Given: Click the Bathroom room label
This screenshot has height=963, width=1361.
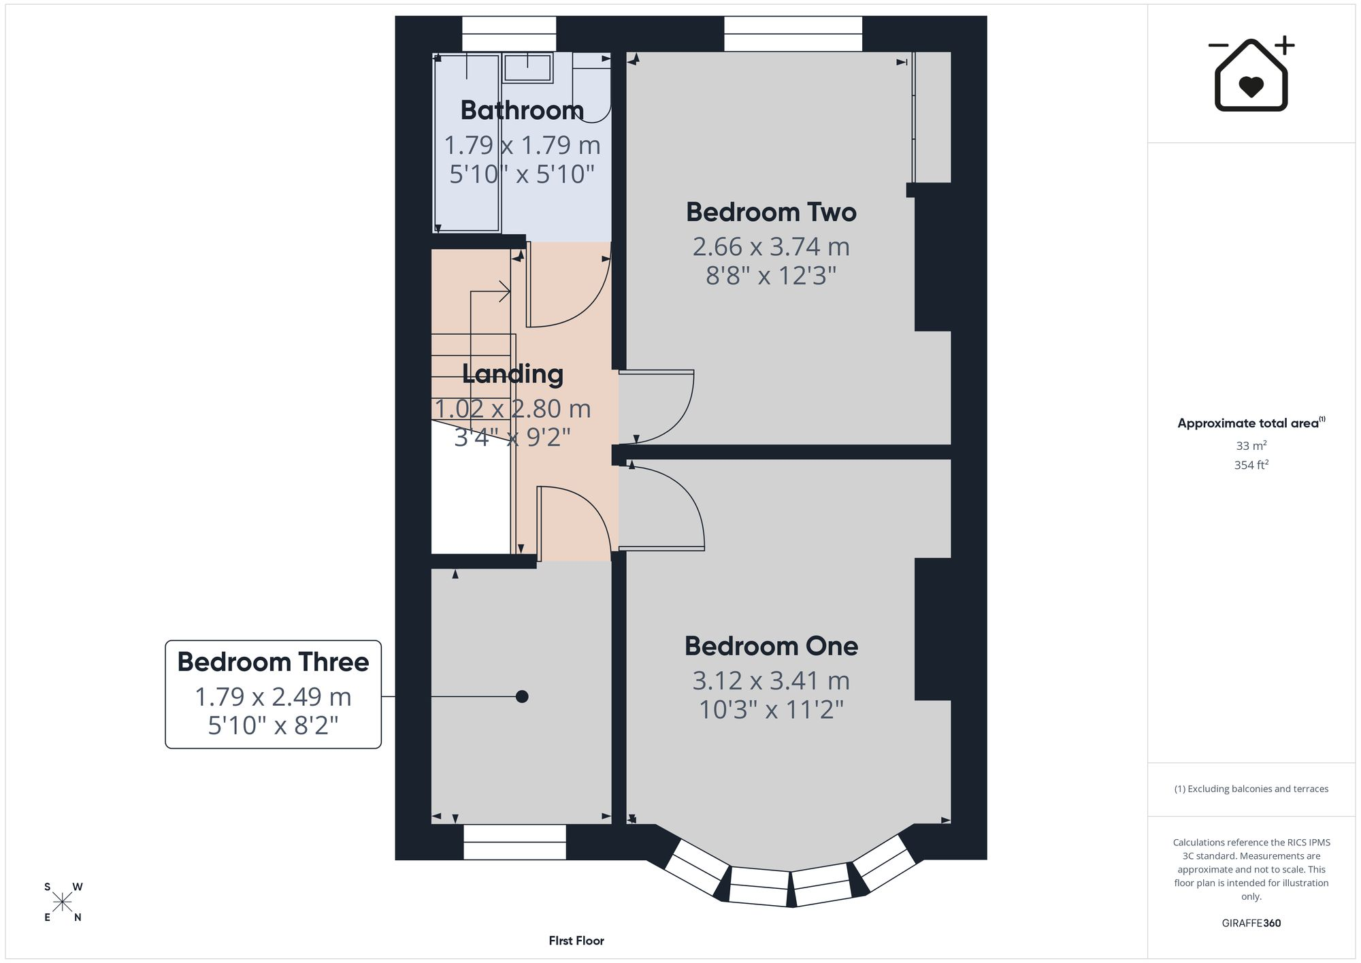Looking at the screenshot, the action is pyautogui.click(x=522, y=110).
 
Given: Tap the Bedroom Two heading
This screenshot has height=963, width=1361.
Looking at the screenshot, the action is pyautogui.click(x=771, y=212).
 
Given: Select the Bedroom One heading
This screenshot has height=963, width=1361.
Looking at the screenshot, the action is pyautogui.click(x=771, y=647).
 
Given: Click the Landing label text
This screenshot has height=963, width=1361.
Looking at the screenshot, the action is pyautogui.click(x=512, y=374).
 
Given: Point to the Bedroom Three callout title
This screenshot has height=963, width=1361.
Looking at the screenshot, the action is pyautogui.click(x=273, y=662).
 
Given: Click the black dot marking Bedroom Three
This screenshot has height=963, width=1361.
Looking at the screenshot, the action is pyautogui.click(x=522, y=697).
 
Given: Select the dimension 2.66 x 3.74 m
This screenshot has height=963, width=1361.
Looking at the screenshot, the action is pyautogui.click(x=771, y=247).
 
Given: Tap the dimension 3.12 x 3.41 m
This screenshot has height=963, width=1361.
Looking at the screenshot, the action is pyautogui.click(x=771, y=681).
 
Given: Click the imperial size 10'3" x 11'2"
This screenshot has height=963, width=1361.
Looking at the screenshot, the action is pyautogui.click(x=771, y=711).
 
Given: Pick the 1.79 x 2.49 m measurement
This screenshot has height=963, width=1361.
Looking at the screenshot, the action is pyautogui.click(x=273, y=697).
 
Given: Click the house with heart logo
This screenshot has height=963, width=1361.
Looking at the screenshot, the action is pyautogui.click(x=1251, y=74).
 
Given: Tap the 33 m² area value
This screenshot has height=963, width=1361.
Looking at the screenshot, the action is pyautogui.click(x=1251, y=446).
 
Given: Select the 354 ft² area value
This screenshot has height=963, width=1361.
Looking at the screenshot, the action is pyautogui.click(x=1251, y=465).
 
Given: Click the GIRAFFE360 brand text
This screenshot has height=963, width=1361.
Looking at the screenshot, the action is pyautogui.click(x=1251, y=924).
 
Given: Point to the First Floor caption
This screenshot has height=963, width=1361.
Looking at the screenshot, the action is pyautogui.click(x=576, y=941).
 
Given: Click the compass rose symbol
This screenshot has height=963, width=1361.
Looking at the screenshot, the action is pyautogui.click(x=63, y=902).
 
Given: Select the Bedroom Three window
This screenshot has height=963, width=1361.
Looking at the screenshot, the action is pyautogui.click(x=514, y=843).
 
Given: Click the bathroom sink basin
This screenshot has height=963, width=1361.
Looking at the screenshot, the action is pyautogui.click(x=527, y=68).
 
